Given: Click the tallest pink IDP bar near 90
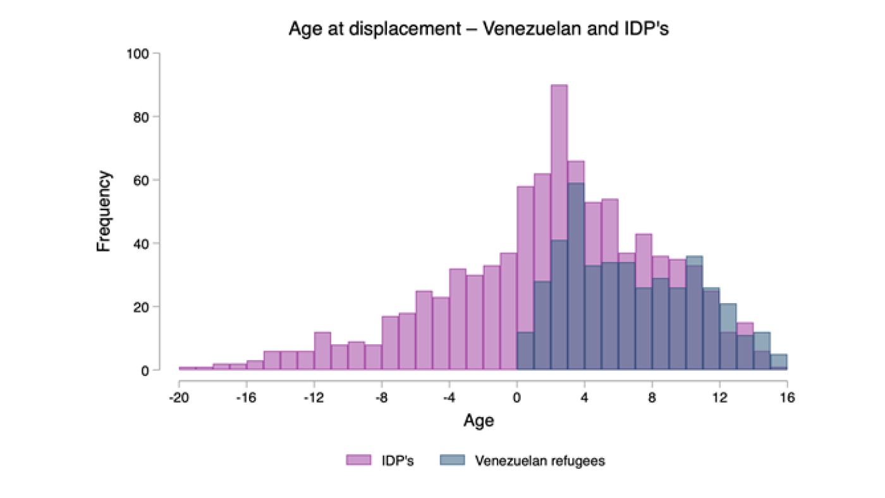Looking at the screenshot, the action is click(559, 227).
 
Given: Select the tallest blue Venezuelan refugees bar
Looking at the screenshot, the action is click(576, 277).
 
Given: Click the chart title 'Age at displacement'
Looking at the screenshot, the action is click(374, 29).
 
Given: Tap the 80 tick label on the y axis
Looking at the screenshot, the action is click(141, 117).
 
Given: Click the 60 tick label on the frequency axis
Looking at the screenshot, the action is click(141, 180).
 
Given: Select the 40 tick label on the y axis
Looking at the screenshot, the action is click(141, 244).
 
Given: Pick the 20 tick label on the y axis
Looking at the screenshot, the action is click(141, 308).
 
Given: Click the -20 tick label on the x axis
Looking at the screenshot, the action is click(179, 397).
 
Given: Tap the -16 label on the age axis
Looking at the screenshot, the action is click(247, 397).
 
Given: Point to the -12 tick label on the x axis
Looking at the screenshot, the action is click(314, 397).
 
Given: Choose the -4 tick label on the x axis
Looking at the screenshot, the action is click(449, 397).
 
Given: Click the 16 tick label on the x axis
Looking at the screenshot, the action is click(787, 397).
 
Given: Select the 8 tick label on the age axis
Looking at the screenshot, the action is click(652, 397).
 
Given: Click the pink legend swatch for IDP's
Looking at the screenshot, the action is click(359, 460).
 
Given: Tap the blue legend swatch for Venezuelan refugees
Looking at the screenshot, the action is click(453, 460).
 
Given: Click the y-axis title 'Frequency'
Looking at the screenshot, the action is click(104, 211).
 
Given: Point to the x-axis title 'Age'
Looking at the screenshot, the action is click(479, 421).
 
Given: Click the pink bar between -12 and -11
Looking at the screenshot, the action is click(323, 351).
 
